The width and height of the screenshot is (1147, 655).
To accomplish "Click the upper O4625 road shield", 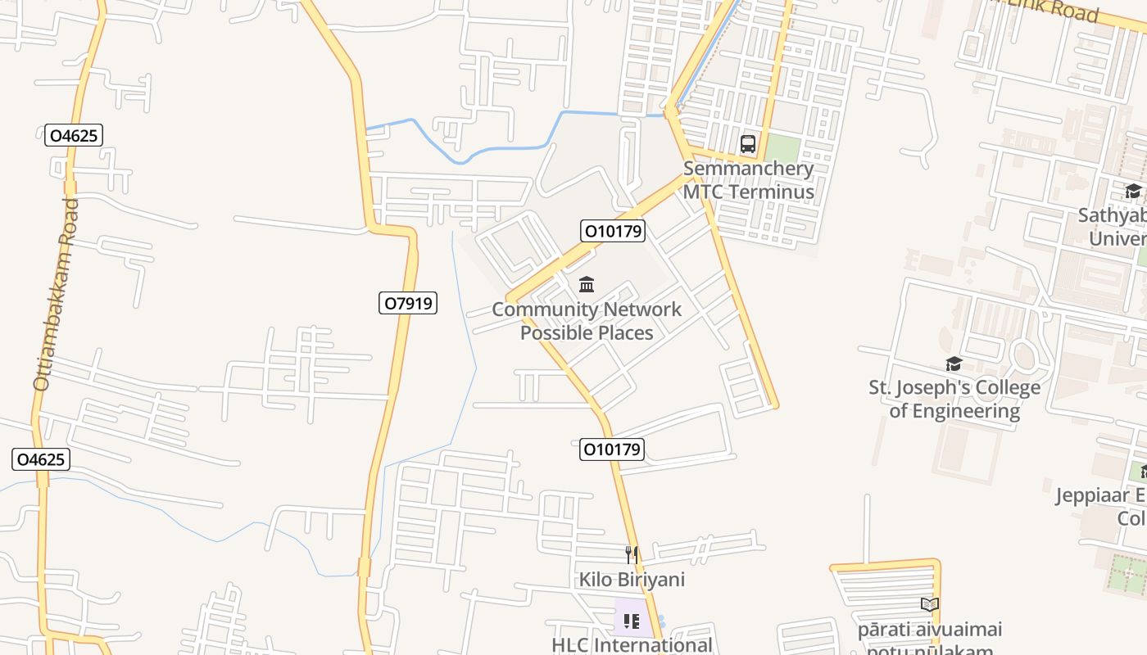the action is (74, 135).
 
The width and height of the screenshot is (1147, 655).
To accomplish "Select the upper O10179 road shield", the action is (613, 231).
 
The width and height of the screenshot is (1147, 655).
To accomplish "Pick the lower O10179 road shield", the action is (612, 449).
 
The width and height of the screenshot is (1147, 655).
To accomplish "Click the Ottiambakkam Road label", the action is (55, 293).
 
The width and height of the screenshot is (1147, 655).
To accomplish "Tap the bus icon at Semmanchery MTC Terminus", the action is (747, 145).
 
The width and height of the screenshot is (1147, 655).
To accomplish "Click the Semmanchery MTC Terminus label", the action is (749, 180).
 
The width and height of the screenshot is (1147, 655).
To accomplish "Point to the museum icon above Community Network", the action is (587, 285).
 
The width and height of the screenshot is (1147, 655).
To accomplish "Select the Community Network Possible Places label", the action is (587, 321).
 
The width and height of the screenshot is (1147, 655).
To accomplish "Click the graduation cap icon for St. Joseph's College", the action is (953, 364).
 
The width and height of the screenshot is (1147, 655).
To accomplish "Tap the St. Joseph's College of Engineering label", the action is (954, 399).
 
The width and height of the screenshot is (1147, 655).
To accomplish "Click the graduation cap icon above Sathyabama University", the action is (1133, 192).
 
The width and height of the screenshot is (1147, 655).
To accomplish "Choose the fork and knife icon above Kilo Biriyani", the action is (632, 555).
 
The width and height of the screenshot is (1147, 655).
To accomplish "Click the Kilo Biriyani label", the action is (632, 580).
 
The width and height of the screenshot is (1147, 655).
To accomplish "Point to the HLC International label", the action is (632, 645).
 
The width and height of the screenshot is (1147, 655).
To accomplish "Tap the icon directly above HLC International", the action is (632, 621).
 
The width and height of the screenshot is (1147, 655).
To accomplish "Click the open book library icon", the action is (929, 605).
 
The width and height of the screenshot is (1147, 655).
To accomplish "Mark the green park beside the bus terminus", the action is (782, 149).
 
